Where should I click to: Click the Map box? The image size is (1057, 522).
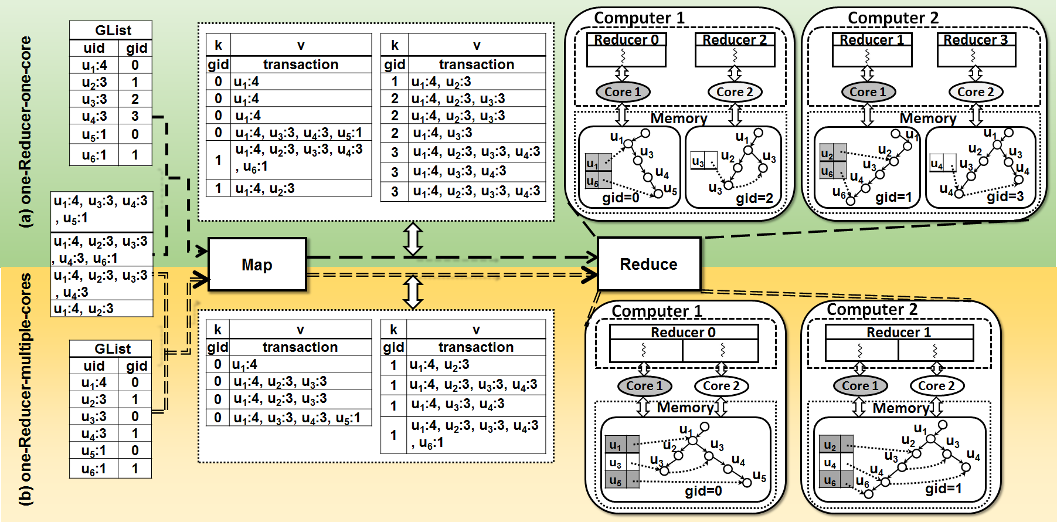[257, 265]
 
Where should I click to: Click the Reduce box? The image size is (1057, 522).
[648, 264]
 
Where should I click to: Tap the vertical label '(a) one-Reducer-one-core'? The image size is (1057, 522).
[26, 132]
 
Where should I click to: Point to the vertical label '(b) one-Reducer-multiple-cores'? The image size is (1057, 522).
[26, 389]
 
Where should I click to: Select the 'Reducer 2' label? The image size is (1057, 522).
[735, 40]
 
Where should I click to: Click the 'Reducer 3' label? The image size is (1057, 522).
[976, 40]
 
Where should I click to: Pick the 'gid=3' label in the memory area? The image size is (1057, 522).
[1005, 196]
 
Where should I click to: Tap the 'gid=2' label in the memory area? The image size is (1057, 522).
[754, 198]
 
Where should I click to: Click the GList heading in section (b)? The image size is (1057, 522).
[113, 349]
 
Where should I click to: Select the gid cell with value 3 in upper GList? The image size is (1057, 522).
[135, 116]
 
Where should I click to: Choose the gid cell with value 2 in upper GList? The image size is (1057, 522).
[135, 99]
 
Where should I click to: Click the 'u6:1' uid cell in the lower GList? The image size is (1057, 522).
[94, 469]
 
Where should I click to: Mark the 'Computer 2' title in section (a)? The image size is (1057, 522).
[893, 18]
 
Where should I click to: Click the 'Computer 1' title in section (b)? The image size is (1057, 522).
[656, 311]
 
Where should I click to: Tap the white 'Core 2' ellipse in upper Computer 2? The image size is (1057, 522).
[976, 92]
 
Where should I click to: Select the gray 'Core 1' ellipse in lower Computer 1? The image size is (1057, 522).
[644, 386]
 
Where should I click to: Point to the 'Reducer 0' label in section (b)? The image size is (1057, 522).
[683, 333]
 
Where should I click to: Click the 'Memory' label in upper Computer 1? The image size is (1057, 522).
[679, 118]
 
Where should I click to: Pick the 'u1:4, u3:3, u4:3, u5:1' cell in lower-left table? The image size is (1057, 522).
[297, 418]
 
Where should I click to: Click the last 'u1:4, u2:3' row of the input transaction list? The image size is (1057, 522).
[84, 309]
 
